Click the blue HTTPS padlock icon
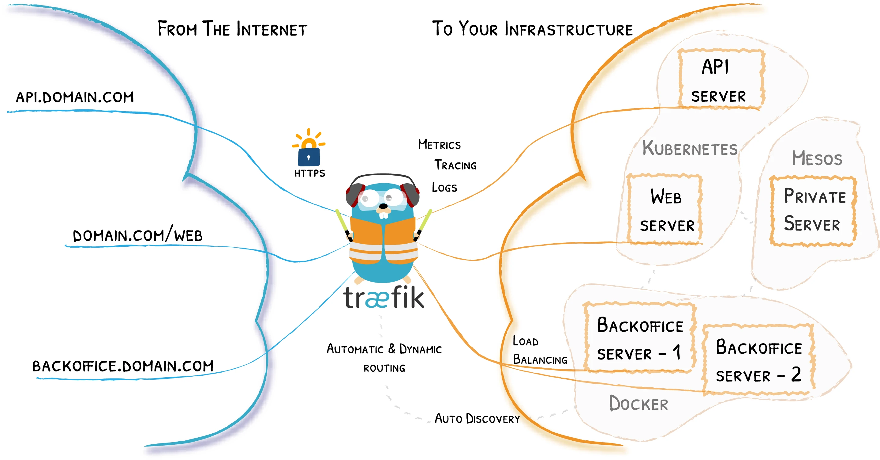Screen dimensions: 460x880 309,156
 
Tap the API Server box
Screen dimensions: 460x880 721,80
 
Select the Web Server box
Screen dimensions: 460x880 665,209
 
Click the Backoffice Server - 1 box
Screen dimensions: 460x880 639,338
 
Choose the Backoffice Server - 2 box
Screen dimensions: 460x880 758,360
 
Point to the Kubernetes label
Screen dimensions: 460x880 690,148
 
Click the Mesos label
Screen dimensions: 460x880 817,159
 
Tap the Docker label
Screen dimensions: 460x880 638,404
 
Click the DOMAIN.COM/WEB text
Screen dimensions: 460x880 138,235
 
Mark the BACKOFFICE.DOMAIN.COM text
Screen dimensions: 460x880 123,366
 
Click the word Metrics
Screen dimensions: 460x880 439,145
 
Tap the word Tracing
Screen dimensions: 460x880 455,165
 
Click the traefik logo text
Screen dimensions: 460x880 384,298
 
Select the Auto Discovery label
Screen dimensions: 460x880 477,419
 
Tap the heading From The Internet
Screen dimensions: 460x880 232,29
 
